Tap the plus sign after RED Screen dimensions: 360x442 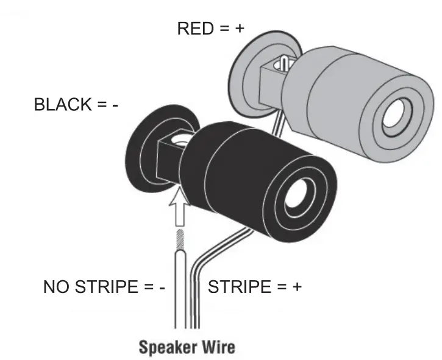click(239, 29)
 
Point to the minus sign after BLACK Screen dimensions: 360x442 click(114, 105)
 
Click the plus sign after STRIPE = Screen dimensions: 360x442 click(296, 287)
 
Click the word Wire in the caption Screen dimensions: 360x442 click(219, 348)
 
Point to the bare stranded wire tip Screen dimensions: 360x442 click(180, 240)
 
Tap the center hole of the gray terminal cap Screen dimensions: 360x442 click(400, 116)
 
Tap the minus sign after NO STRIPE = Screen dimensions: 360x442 click(162, 288)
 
